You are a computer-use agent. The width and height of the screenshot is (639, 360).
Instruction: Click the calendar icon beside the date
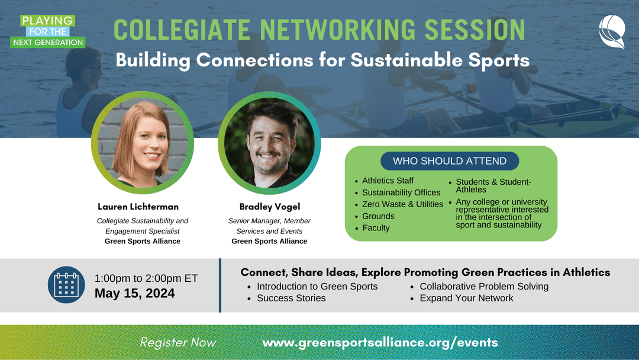(66, 285)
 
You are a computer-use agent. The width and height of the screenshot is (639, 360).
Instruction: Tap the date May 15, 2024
(134, 293)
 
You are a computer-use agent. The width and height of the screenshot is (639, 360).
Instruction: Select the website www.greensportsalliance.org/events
(380, 342)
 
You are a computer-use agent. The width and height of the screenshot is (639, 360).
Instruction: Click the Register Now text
(178, 342)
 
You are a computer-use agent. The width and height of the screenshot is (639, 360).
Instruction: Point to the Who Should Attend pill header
(450, 161)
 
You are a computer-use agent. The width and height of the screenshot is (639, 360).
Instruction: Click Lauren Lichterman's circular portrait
(142, 143)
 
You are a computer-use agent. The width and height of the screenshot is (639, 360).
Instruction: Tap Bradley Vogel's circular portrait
(269, 143)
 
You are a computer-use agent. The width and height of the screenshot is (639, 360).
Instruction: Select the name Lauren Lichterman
(138, 207)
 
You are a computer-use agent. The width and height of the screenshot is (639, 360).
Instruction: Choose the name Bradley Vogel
(269, 207)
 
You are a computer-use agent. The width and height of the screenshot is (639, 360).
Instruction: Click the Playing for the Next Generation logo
(48, 31)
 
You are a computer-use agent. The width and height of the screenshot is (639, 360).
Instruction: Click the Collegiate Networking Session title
(319, 30)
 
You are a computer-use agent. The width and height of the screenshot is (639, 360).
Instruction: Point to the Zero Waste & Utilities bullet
(402, 204)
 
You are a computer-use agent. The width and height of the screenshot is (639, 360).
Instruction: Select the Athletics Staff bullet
(388, 181)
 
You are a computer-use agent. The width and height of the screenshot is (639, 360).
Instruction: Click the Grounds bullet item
(378, 216)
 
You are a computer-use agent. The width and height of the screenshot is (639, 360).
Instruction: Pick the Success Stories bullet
(291, 298)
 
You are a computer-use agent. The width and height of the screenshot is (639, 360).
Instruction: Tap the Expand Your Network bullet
(466, 298)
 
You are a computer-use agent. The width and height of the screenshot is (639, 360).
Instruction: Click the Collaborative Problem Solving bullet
(484, 287)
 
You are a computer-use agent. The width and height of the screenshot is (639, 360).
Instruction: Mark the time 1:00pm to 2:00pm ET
(146, 278)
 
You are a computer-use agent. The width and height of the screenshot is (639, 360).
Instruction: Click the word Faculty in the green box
(376, 228)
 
